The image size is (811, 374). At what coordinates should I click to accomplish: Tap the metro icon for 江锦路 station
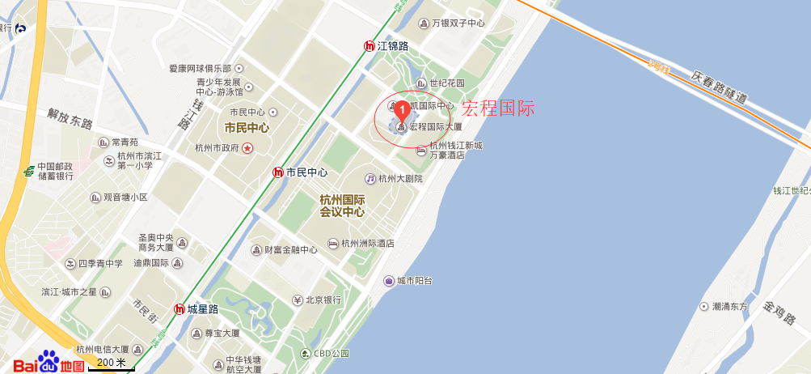pyautogui.click(x=370, y=46)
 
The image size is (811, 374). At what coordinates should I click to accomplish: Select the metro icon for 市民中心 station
pyautogui.click(x=278, y=172)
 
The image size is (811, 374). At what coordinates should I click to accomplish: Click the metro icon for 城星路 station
pyautogui.click(x=180, y=308)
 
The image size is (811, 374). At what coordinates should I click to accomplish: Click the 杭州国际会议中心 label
pyautogui.click(x=342, y=206)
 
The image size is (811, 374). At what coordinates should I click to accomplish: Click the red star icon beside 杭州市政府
pyautogui.click(x=247, y=147)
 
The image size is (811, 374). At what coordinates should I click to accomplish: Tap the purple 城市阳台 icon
pyautogui.click(x=388, y=281)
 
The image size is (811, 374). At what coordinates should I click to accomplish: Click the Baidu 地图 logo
pyautogui.click(x=49, y=363)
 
